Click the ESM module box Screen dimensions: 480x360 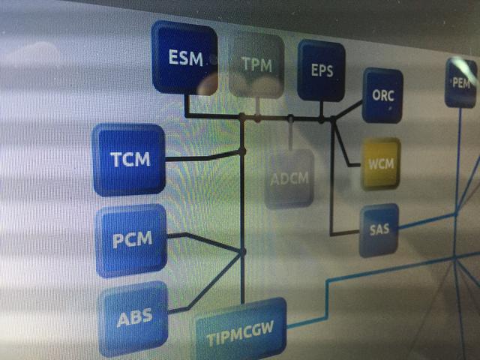pyautogui.click(x=184, y=57)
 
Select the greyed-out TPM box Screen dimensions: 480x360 pyautogui.click(x=256, y=66)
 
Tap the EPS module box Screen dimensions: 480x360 pyautogui.click(x=322, y=70)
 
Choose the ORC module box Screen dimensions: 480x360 pyautogui.click(x=382, y=95)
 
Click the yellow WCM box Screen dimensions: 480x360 pyautogui.click(x=381, y=164)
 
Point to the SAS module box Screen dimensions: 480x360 pyautogui.click(x=379, y=230)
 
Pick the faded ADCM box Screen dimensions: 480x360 pyautogui.click(x=289, y=178)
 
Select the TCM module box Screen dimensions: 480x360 pyautogui.click(x=129, y=160)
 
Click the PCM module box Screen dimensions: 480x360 pyautogui.click(x=131, y=241)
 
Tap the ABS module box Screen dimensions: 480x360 pyautogui.click(x=133, y=318)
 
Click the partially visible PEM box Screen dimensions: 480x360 pyautogui.click(x=461, y=82)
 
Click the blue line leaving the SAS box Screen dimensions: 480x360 pyautogui.click(x=427, y=221)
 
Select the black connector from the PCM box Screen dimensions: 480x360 pyautogui.click(x=204, y=241)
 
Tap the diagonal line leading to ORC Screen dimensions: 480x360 pyautogui.click(x=348, y=109)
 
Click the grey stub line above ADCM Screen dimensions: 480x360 pyautogui.click(x=290, y=134)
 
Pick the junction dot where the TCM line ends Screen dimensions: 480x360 pyautogui.click(x=242, y=151)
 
